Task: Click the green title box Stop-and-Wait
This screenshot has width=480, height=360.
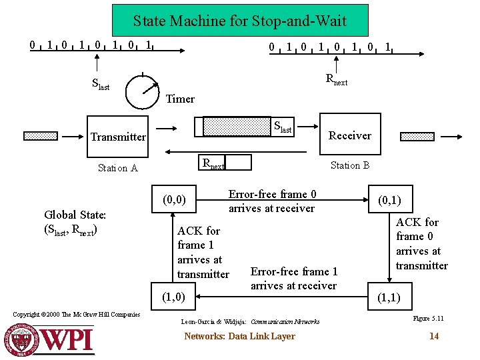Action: pos(239,21)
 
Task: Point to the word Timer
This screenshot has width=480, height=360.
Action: pos(180,99)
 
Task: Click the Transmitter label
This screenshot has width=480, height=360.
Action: pos(118,137)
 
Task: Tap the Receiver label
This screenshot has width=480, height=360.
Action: pos(350,135)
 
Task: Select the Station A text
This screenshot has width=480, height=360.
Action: pos(117,168)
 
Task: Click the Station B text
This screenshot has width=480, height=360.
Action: pos(350,165)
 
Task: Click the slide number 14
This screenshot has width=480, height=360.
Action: pos(434,336)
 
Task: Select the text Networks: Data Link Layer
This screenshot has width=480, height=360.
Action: pos(239,336)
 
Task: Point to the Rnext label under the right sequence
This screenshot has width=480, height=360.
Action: pos(336,79)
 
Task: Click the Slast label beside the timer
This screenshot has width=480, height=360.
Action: pos(101,84)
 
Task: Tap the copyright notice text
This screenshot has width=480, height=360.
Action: pos(77,315)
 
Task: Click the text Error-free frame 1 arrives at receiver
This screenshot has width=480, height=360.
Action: pos(293,279)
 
